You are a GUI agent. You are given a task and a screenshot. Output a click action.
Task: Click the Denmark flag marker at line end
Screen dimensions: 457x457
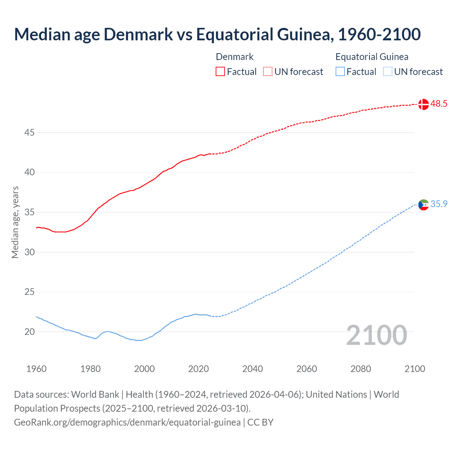423,104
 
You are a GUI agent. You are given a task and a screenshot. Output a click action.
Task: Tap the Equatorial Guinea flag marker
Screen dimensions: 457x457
423,205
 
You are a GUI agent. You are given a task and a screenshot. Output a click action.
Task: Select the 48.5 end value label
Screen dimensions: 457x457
439,104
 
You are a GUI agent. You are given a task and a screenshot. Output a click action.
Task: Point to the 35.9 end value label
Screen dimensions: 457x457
439,204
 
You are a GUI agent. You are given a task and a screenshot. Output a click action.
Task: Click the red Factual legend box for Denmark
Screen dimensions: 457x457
220,72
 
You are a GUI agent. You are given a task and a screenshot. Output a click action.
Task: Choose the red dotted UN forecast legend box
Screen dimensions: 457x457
268,72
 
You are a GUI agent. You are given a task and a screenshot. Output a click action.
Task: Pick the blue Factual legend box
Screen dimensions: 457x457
340,72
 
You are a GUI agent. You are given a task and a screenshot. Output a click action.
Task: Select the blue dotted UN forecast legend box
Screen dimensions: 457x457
387,72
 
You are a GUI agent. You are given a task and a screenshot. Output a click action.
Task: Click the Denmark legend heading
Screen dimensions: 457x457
235,57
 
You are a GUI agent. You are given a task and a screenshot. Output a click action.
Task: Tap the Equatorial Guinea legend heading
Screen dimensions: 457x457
372,57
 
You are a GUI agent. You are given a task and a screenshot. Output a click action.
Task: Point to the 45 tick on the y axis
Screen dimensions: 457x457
29,133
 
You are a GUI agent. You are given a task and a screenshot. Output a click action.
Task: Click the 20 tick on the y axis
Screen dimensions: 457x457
29,332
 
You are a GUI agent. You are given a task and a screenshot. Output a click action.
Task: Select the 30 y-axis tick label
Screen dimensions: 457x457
29,252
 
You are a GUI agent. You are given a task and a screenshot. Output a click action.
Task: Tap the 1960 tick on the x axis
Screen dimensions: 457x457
36,369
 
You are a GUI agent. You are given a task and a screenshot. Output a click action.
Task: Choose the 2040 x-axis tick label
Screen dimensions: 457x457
252,369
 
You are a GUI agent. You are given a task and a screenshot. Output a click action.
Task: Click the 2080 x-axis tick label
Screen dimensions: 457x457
361,369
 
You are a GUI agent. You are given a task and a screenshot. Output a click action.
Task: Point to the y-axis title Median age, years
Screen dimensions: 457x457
15,222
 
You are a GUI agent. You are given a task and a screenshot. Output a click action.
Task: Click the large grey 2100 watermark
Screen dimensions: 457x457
377,335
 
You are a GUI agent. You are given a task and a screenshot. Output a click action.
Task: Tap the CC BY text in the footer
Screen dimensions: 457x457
260,422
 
